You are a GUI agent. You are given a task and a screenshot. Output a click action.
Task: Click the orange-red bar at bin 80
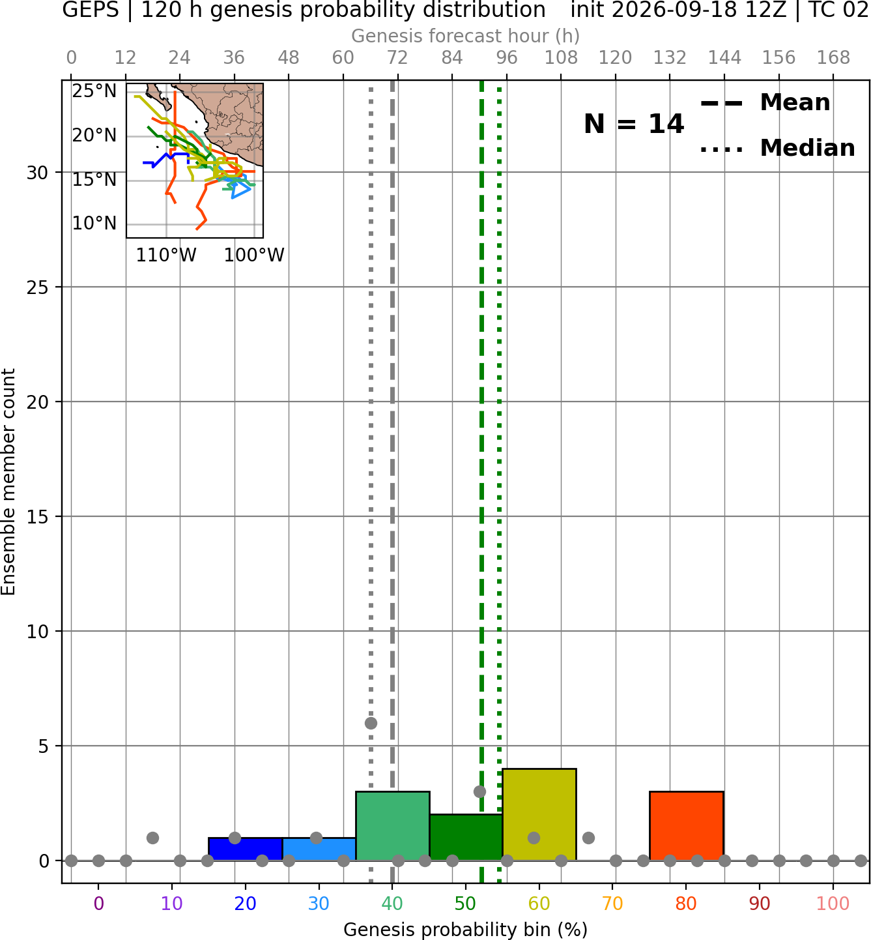[686, 826]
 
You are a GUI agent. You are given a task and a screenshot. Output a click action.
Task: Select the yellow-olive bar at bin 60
[539, 815]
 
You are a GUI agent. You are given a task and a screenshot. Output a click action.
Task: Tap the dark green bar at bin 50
[466, 837]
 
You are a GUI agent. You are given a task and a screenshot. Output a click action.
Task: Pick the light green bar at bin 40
[392, 826]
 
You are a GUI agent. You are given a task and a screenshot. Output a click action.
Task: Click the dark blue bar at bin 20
[246, 849]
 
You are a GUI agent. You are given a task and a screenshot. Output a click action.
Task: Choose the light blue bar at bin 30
[319, 849]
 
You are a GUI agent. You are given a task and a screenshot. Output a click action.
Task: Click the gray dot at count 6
[371, 723]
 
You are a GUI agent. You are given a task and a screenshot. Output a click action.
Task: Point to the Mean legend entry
[765, 103]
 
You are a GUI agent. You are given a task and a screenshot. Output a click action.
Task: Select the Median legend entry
[777, 148]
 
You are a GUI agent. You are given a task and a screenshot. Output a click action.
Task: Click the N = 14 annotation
[634, 124]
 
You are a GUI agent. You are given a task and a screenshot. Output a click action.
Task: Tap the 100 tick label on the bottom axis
[833, 903]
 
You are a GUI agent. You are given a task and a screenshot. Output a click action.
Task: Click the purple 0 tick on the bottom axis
[98, 903]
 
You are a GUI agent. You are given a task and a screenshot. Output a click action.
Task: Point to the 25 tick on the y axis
[37, 287]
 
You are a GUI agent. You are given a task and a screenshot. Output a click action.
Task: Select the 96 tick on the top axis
[506, 58]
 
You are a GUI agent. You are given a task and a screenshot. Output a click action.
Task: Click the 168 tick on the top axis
[833, 58]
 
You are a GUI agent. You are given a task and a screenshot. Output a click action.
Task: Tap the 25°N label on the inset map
[94, 91]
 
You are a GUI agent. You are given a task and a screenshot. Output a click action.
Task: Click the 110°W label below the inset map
[166, 255]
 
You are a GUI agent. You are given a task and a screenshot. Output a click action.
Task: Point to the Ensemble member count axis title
[8, 482]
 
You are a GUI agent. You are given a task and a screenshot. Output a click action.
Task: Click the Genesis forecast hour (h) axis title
[466, 36]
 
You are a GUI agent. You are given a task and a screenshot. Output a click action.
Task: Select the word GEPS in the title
[91, 10]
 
